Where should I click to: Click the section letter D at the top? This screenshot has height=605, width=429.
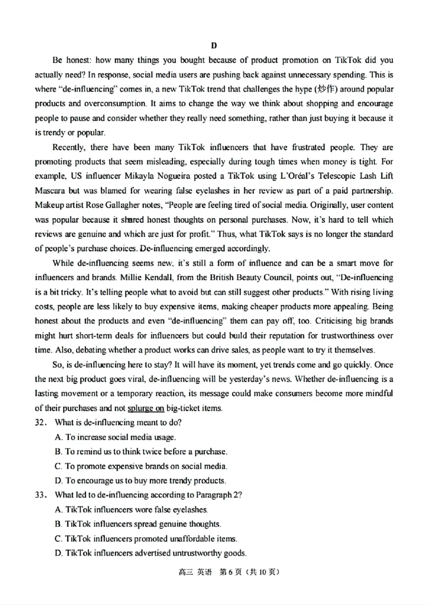(213, 45)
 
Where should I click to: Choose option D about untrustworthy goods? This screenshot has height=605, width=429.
(151, 553)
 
